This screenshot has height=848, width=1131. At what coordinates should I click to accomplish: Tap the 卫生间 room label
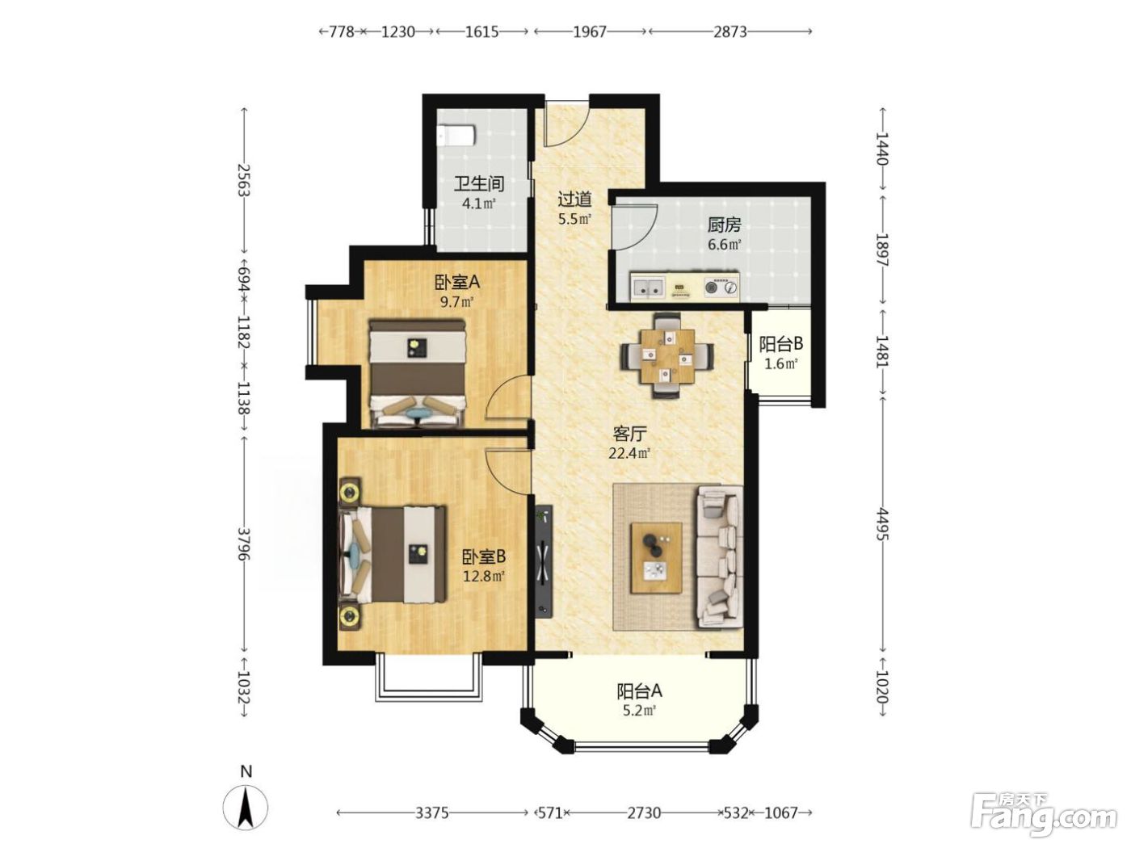click(x=479, y=183)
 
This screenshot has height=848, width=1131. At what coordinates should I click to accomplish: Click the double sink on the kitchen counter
click(x=648, y=288)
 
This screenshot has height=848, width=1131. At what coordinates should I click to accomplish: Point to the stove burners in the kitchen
click(x=721, y=288)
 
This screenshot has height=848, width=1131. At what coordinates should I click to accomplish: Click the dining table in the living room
click(x=667, y=356)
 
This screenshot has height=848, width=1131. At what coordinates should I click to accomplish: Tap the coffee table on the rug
click(x=657, y=557)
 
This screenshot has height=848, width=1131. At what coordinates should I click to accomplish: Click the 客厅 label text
click(x=629, y=434)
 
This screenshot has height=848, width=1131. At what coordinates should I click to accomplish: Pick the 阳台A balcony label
click(x=640, y=691)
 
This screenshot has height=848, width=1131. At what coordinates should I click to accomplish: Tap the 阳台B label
click(x=780, y=343)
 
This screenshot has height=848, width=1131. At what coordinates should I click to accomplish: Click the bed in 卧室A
click(x=418, y=373)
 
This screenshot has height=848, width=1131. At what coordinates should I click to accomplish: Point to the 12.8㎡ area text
click(x=483, y=576)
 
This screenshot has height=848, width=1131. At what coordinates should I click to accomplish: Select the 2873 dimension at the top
click(x=730, y=32)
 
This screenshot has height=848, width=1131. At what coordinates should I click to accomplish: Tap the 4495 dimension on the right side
click(x=882, y=524)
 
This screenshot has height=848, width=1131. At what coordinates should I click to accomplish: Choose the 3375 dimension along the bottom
click(x=431, y=812)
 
